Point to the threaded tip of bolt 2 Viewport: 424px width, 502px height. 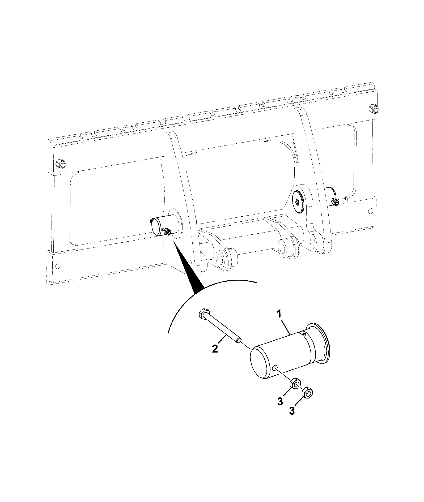point(239,340)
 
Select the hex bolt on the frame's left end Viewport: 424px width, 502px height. point(61,164)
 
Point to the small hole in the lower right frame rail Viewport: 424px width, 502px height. point(371,211)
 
